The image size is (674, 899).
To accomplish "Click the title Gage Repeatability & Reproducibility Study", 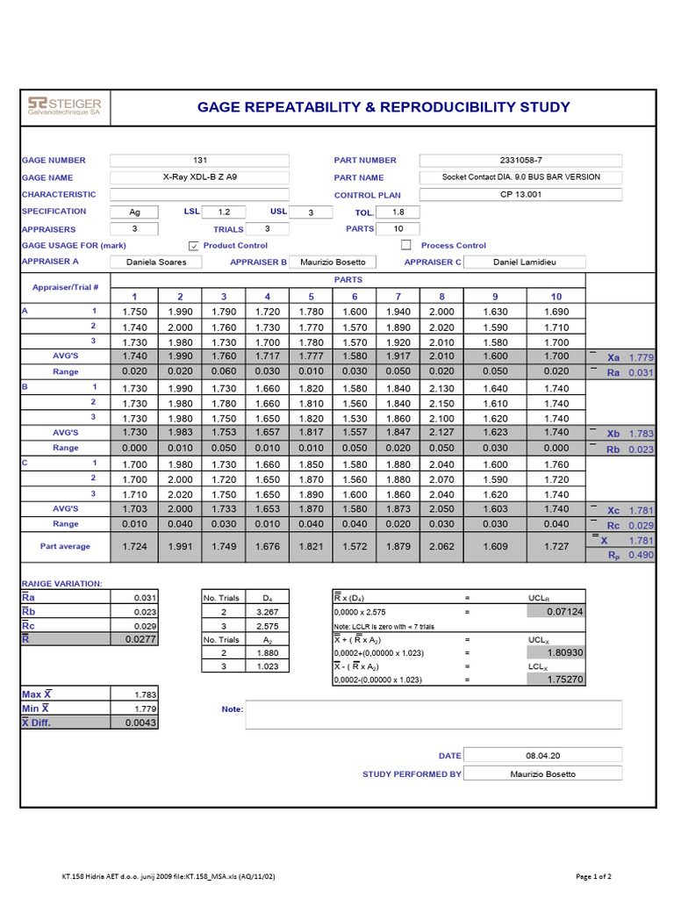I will (384, 107).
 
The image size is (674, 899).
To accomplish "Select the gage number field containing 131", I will (199, 160).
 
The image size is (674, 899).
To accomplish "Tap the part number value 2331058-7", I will (520, 160).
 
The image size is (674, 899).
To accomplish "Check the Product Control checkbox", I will (195, 246).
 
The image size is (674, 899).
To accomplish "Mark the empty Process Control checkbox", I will (405, 246).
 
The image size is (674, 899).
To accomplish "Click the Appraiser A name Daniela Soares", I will (156, 262).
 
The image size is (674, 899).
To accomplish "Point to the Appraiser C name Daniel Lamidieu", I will (525, 262).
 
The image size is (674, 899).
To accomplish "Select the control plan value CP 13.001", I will (520, 195).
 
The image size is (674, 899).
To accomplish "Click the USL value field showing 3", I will (310, 212).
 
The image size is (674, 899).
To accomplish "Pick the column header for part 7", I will (398, 296).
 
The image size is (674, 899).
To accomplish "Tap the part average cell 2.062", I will (441, 546).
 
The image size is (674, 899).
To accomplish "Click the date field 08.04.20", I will (542, 755).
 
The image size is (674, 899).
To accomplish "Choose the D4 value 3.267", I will (268, 611).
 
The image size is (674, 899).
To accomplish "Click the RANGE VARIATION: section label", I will (61, 583).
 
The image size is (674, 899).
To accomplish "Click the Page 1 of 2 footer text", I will (593, 876).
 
